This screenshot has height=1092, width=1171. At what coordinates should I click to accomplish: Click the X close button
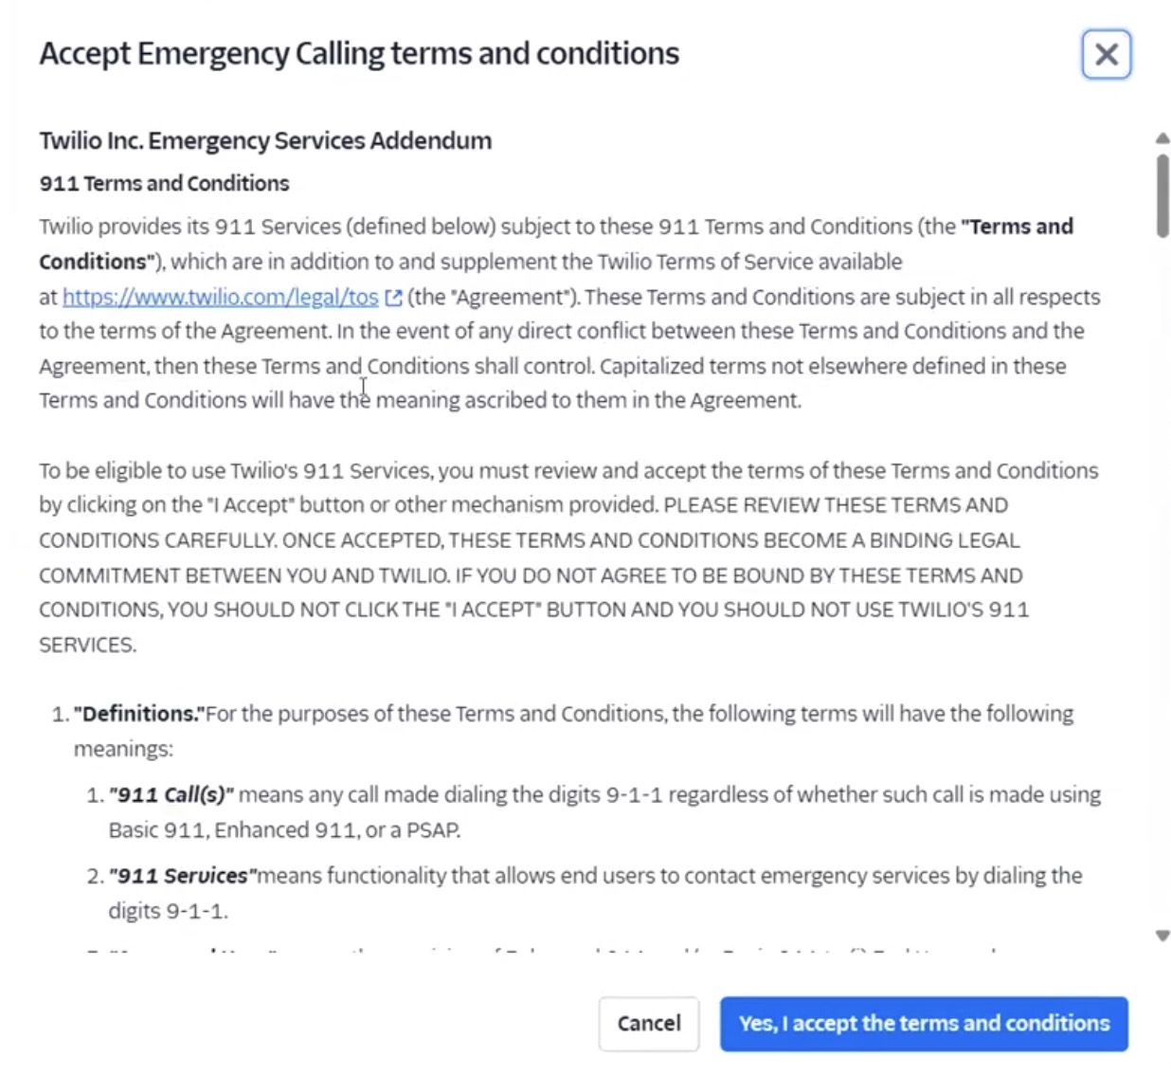click(1106, 55)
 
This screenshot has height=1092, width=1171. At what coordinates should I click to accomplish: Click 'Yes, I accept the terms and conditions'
click(924, 1024)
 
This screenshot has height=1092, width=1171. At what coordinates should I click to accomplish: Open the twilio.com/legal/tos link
click(220, 297)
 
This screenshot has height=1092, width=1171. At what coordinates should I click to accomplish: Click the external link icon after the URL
click(393, 298)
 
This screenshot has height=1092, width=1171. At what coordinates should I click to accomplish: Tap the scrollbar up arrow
click(1162, 139)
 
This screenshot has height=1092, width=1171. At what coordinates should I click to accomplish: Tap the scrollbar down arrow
click(1162, 936)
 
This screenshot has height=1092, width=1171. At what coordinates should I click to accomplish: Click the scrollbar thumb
click(1162, 194)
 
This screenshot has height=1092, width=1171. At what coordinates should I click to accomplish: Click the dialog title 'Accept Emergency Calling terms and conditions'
click(359, 54)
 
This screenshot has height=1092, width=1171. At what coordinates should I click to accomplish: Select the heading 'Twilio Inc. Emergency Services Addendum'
click(265, 141)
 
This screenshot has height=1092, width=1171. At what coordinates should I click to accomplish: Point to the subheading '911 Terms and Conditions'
click(164, 184)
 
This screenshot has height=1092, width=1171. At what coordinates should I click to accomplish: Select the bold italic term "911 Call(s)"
click(171, 794)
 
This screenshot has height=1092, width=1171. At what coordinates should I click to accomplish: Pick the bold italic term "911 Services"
click(182, 876)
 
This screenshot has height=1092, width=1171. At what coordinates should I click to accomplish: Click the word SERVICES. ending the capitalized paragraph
click(87, 646)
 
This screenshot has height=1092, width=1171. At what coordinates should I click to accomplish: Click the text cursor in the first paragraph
click(363, 389)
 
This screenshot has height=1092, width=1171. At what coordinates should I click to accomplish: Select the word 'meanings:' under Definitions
click(123, 749)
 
